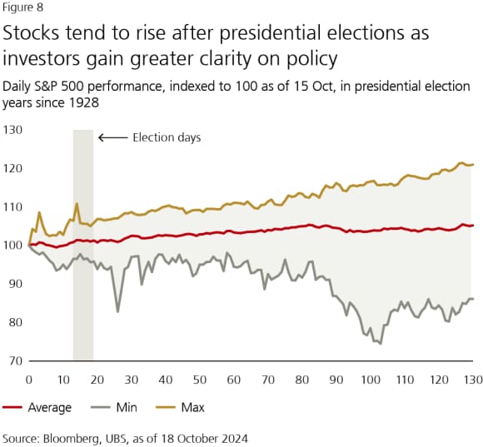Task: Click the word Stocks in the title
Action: pyautogui.click(x=34, y=36)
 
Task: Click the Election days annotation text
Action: pyautogui.click(x=167, y=137)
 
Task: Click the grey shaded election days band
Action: pyautogui.click(x=82, y=250)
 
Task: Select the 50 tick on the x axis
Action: pyautogui.click(x=200, y=379)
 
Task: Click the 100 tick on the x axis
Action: pyautogui.click(x=371, y=379)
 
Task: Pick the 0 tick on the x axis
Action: pyautogui.click(x=29, y=379)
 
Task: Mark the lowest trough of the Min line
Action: pyautogui.click(x=381, y=343)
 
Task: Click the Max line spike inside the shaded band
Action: pyautogui.click(x=77, y=203)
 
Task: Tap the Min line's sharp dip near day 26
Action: pyautogui.click(x=117, y=311)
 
